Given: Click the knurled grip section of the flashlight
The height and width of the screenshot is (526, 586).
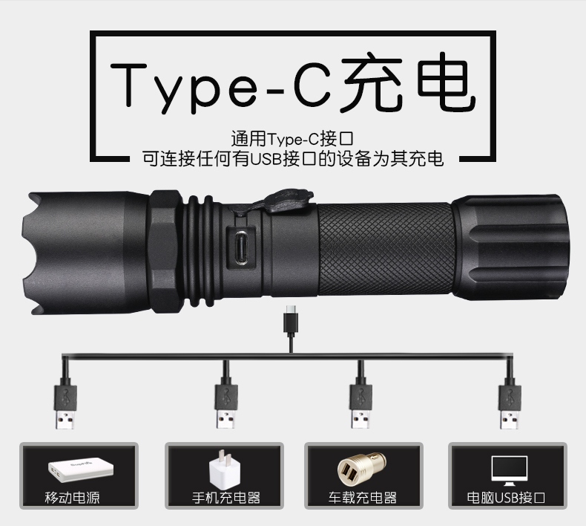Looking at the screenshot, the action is point(386,249).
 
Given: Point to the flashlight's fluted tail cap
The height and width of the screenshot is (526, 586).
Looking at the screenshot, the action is point(511,247).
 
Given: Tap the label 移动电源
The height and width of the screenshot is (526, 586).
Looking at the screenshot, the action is point(72,498).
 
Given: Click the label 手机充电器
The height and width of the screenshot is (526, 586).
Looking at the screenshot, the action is point(226,498).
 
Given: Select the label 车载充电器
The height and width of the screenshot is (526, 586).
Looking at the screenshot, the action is point(363,498).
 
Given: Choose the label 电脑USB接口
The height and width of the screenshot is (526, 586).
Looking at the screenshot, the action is point(506,498).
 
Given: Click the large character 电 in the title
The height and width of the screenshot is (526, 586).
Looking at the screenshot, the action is point(447,82).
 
